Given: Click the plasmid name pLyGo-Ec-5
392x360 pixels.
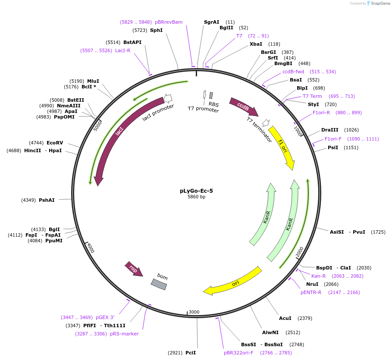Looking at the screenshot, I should pyautogui.click(x=196, y=191).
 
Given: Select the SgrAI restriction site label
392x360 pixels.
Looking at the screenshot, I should pyautogui.click(x=211, y=22).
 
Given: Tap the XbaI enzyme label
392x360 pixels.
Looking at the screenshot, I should pyautogui.click(x=256, y=44).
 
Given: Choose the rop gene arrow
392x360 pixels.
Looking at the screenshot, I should pyautogui.click(x=134, y=269).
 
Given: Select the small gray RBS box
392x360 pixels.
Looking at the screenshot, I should pyautogui.click(x=211, y=96).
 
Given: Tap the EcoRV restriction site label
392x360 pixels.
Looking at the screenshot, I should pyautogui.click(x=55, y=143).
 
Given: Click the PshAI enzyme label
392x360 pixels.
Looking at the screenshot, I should pyautogui.click(x=47, y=200).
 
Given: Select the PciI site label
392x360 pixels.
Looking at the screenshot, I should pyautogui.click(x=191, y=353).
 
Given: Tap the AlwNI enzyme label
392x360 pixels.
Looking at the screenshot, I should pyautogui.click(x=270, y=332).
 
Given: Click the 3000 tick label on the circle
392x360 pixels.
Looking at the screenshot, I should pyautogui.click(x=194, y=312).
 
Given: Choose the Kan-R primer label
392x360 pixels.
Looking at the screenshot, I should pyautogui.click(x=318, y=276).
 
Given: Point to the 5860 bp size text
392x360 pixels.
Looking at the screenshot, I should pyautogui.click(x=196, y=197).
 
